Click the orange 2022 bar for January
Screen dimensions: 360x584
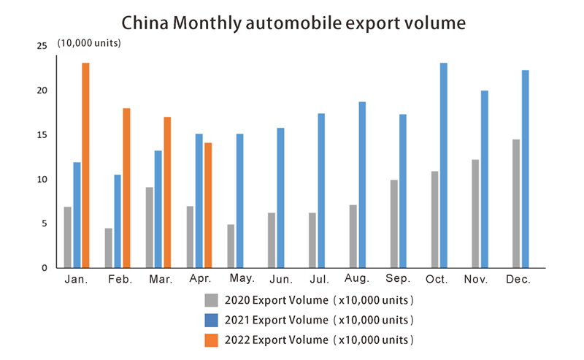point(85,165)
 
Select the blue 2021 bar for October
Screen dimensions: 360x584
point(443,165)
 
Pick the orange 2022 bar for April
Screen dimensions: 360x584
point(208,205)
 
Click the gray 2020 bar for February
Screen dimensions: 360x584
point(109,248)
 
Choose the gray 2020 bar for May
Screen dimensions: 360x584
point(231,246)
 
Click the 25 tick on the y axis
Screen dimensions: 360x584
point(42,46)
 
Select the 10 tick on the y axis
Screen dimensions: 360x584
point(42,180)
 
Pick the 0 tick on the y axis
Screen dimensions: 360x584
point(44,268)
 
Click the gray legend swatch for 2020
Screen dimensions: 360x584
point(212,300)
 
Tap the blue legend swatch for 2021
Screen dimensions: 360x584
point(212,320)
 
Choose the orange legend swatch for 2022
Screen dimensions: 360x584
point(212,340)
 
